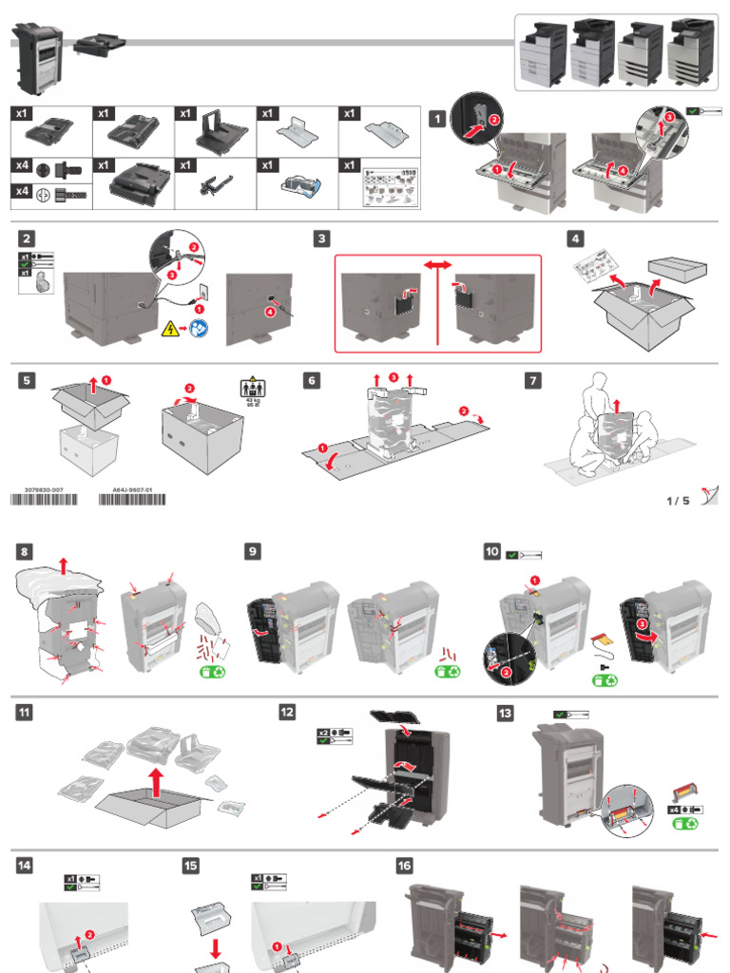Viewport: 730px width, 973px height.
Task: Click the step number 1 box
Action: [x=436, y=119]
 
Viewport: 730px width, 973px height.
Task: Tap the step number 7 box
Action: [x=533, y=380]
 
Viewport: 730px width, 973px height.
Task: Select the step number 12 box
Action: [x=287, y=712]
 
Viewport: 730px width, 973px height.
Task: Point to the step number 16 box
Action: [x=404, y=865]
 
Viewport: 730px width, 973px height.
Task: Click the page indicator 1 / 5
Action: [x=678, y=501]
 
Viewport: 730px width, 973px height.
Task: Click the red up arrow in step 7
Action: [x=615, y=407]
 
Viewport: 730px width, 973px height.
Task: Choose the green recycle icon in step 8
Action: [x=212, y=673]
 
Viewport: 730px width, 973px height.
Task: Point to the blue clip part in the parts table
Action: [x=297, y=185]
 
